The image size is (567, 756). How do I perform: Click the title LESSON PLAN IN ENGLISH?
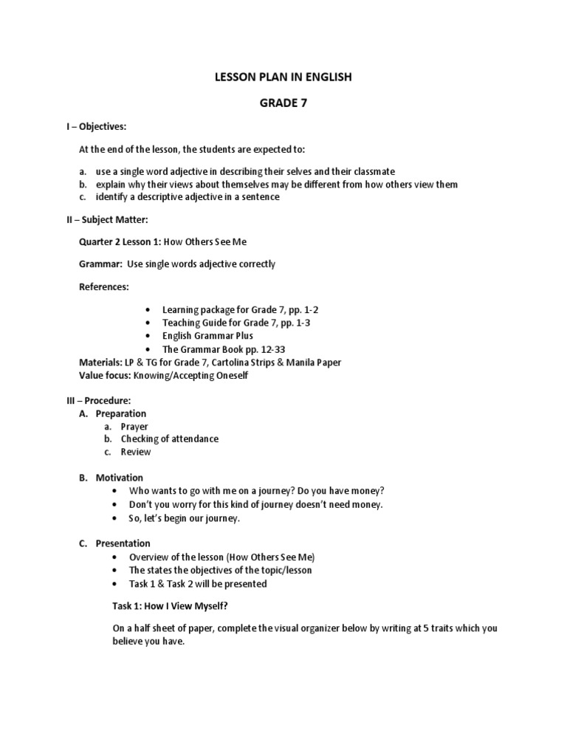click(283, 77)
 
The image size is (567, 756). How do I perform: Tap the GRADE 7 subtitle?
click(283, 103)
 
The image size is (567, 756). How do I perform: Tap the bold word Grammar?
click(102, 264)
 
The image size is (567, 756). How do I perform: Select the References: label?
click(104, 286)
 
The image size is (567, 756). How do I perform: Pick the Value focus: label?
click(105, 375)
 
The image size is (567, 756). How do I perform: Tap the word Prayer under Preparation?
click(134, 427)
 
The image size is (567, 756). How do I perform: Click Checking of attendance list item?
click(170, 439)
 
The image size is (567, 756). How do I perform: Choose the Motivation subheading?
click(119, 478)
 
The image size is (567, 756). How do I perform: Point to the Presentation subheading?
click(123, 544)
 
